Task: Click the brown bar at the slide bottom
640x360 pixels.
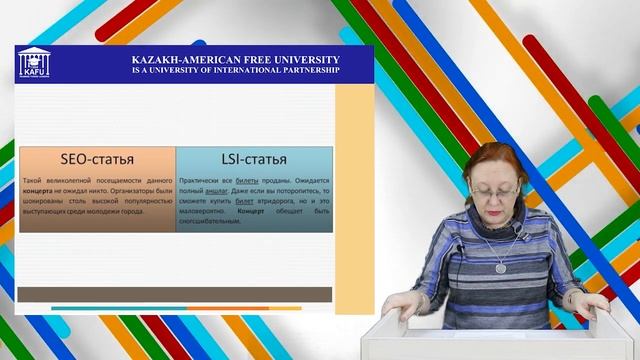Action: click(175, 294)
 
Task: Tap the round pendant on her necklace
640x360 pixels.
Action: click(501, 267)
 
